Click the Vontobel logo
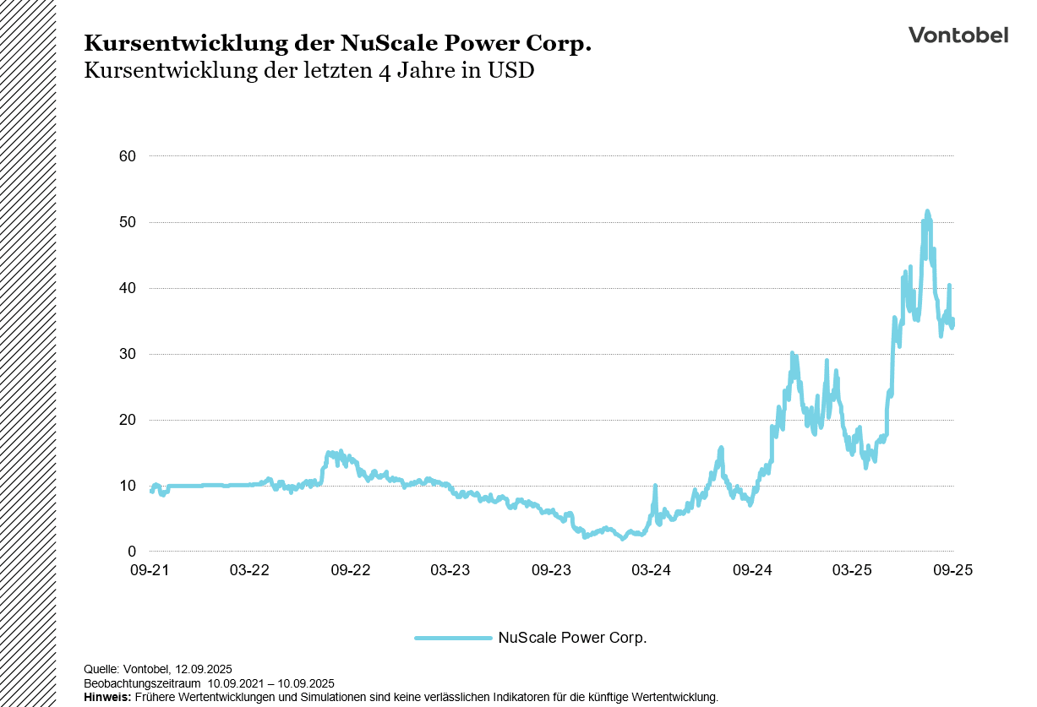[x=958, y=35]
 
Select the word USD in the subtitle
[x=511, y=71]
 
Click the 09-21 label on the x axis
[x=150, y=570]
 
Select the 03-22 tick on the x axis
[x=249, y=570]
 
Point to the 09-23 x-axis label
[x=551, y=570]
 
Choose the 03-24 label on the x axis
[x=652, y=570]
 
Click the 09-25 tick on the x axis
[x=953, y=570]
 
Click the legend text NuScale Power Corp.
[x=572, y=638]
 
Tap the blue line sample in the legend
[x=453, y=638]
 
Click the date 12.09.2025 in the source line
[x=203, y=669]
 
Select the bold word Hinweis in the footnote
[x=107, y=697]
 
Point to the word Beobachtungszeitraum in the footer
[x=142, y=683]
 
